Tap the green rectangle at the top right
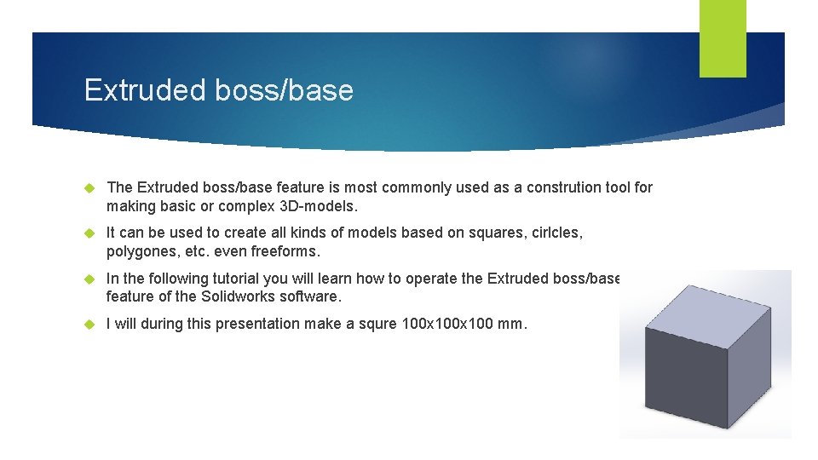[x=723, y=37]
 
